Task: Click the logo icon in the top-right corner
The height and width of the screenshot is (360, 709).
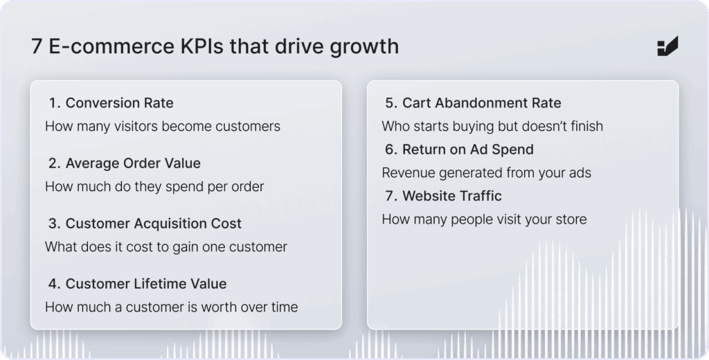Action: pyautogui.click(x=667, y=46)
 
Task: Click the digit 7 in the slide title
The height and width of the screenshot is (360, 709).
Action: pyautogui.click(x=37, y=46)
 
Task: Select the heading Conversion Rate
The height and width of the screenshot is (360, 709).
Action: pyautogui.click(x=119, y=103)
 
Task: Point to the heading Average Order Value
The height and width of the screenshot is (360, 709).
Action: pyautogui.click(x=133, y=163)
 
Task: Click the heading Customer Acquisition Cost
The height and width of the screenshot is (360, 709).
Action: pyautogui.click(x=153, y=224)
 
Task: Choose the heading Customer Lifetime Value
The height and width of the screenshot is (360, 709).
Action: pyautogui.click(x=146, y=284)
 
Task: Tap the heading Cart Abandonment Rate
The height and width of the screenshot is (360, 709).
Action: pyautogui.click(x=482, y=103)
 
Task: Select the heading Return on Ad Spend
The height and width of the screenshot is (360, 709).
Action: pyautogui.click(x=468, y=150)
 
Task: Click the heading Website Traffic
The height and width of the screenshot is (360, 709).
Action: pyautogui.click(x=452, y=196)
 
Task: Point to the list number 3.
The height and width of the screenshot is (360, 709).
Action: pyautogui.click(x=54, y=224)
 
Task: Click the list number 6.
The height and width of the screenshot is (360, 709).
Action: pyautogui.click(x=391, y=150)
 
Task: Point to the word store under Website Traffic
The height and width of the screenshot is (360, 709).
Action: pyautogui.click(x=571, y=219)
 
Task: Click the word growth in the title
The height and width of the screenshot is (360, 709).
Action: pyautogui.click(x=364, y=47)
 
